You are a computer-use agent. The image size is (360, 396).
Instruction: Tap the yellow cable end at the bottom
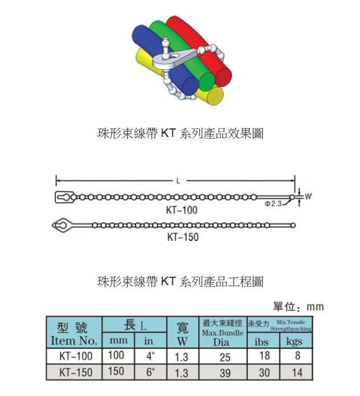[216, 97]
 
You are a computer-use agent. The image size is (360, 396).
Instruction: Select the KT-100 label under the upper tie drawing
[182, 210]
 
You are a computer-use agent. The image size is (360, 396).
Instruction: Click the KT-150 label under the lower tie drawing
[183, 237]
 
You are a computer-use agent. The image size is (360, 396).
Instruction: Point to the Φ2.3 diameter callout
[274, 203]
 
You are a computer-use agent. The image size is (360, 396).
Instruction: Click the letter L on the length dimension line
[178, 181]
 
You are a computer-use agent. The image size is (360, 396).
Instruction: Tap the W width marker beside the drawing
[308, 197]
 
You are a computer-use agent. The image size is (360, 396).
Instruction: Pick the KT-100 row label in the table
[74, 357]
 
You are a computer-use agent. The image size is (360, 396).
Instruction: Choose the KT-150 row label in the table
[74, 373]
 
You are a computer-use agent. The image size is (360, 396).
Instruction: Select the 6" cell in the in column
[150, 373]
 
